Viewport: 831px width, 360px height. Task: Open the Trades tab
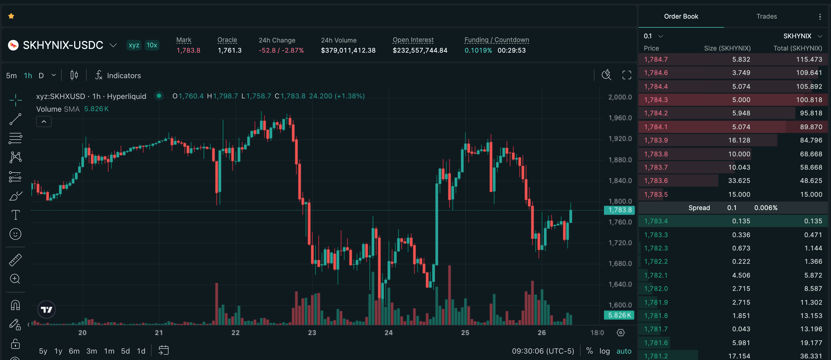point(766,16)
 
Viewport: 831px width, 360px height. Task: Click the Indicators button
point(118,76)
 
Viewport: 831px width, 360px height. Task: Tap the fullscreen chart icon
point(627,75)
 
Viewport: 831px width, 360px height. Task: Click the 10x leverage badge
point(152,45)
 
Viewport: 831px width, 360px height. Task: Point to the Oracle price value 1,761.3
point(230,50)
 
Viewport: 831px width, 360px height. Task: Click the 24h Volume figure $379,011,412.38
point(348,50)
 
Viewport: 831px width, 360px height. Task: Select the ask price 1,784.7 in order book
point(656,59)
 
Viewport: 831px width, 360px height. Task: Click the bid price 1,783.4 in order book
point(656,221)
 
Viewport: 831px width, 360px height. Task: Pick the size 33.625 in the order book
point(739,181)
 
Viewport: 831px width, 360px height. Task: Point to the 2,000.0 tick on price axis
point(620,97)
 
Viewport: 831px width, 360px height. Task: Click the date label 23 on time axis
point(312,333)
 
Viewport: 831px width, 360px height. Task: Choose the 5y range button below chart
point(43,351)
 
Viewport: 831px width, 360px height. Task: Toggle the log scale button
point(605,351)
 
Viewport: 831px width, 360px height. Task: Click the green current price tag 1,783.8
point(619,210)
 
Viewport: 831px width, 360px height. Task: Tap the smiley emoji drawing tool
point(15,234)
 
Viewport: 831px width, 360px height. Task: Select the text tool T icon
point(15,215)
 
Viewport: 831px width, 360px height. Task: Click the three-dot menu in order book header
point(820,16)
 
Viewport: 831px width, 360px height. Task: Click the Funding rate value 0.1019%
point(478,50)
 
